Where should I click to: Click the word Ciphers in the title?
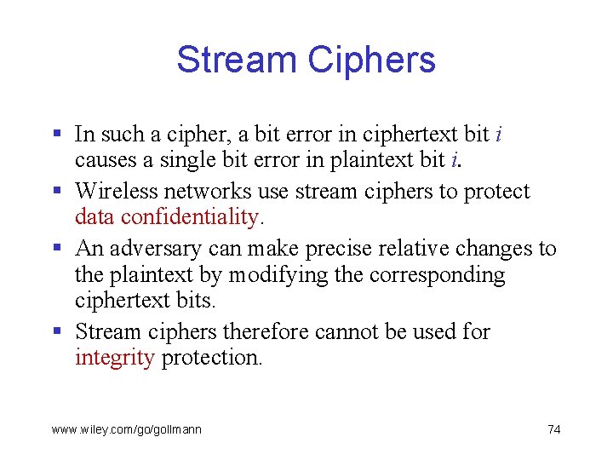click(371, 60)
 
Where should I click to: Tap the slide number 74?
click(553, 429)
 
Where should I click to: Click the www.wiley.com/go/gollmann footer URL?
click(127, 429)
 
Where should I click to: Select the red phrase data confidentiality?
click(166, 217)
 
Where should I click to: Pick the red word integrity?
click(114, 357)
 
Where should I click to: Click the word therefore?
click(261, 331)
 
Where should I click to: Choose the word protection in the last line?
click(212, 357)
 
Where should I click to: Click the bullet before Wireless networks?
click(56, 192)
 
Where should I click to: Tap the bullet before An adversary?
click(56, 249)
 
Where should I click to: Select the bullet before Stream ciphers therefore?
click(56, 331)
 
